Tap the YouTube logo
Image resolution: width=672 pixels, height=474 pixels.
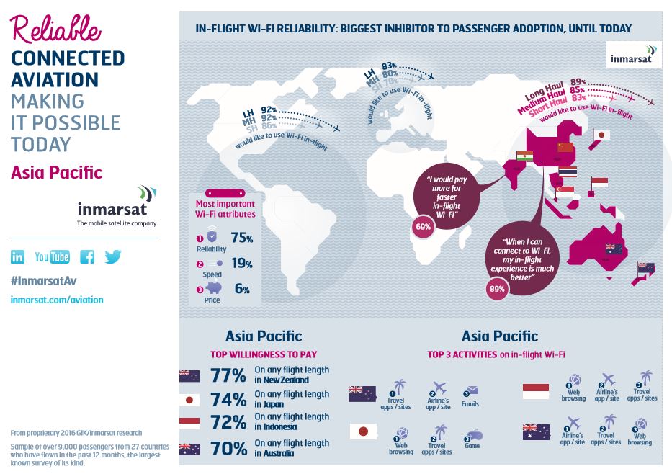tap(52, 257)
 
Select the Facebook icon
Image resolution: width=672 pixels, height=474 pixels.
tap(87, 257)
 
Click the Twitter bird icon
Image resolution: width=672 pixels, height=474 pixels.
tap(112, 256)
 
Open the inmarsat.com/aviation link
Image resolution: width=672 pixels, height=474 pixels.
tap(57, 300)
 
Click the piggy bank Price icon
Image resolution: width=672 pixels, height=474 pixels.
tap(215, 289)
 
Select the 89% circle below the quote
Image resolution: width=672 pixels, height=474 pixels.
tap(497, 289)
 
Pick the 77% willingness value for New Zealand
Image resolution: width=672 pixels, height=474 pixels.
tap(229, 375)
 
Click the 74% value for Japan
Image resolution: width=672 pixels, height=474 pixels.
tap(229, 401)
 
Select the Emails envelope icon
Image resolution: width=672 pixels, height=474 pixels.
tap(472, 391)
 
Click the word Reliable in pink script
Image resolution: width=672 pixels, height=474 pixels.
tap(55, 28)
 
